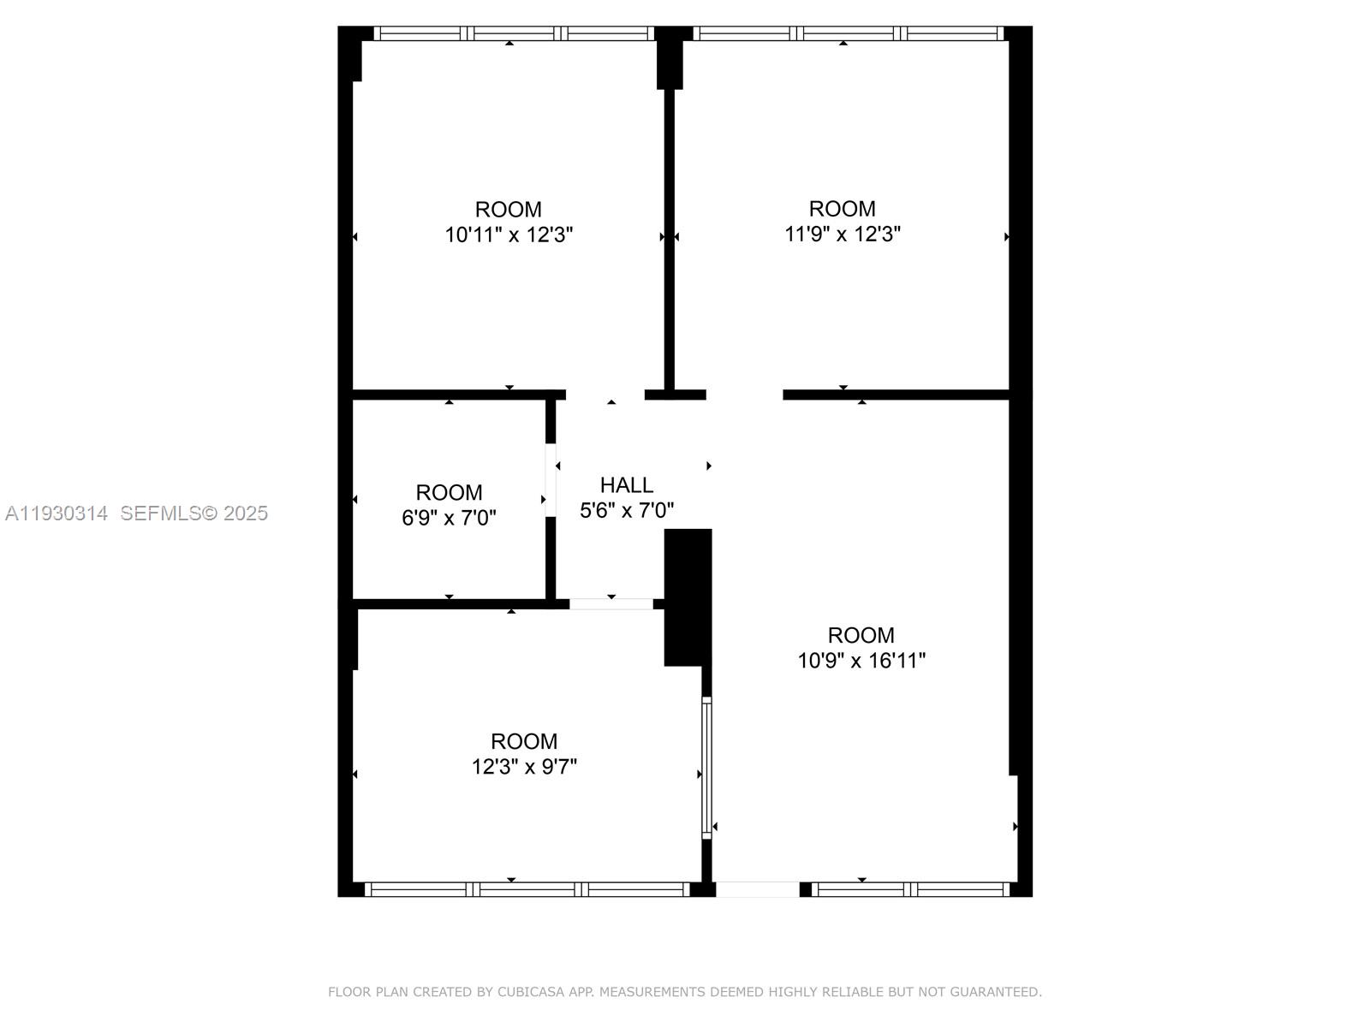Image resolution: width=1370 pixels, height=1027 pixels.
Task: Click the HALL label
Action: (627, 485)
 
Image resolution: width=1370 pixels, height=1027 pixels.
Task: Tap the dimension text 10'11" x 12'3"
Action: (509, 234)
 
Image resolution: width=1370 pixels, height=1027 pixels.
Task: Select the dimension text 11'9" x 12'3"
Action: (843, 234)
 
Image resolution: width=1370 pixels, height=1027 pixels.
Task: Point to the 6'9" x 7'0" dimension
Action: (449, 518)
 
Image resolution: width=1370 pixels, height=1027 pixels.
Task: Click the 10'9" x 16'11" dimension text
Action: (861, 661)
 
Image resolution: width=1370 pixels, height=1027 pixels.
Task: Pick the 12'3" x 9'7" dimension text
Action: (524, 766)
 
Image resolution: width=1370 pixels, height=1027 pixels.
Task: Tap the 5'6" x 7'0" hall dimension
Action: (627, 511)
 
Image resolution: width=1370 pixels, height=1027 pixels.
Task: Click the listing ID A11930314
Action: (57, 513)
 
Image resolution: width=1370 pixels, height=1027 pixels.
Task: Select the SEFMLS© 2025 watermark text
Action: (194, 513)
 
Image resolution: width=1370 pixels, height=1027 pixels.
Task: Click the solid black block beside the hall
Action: (688, 597)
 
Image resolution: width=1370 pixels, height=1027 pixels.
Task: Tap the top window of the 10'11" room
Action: (515, 33)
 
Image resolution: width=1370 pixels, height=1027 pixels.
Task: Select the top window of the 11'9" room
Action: (848, 33)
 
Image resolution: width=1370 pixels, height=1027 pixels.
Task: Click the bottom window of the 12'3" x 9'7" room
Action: (527, 889)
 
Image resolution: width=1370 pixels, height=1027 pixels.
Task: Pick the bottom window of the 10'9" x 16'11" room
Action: (910, 889)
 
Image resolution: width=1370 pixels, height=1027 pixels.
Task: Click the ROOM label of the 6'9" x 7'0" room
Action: (449, 493)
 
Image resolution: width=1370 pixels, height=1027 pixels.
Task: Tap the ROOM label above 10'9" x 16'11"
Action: (861, 635)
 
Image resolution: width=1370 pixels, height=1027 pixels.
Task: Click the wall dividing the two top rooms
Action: (670, 240)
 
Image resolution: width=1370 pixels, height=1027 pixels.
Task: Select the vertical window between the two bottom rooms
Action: (707, 766)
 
